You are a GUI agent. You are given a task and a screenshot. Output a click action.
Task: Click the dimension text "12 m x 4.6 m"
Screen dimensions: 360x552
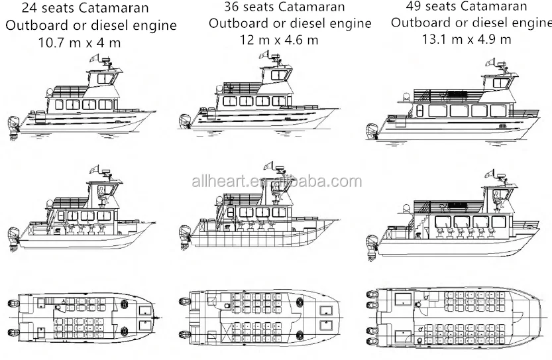(279, 39)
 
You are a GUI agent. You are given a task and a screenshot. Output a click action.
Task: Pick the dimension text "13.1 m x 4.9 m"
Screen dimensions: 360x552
(467, 38)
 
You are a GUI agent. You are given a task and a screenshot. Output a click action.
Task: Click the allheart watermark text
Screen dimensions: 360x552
(276, 182)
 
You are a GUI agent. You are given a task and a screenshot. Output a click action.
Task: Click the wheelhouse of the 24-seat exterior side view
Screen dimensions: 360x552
(103, 80)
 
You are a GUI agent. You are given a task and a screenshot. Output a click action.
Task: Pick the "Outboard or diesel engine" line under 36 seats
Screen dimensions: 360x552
(290, 23)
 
